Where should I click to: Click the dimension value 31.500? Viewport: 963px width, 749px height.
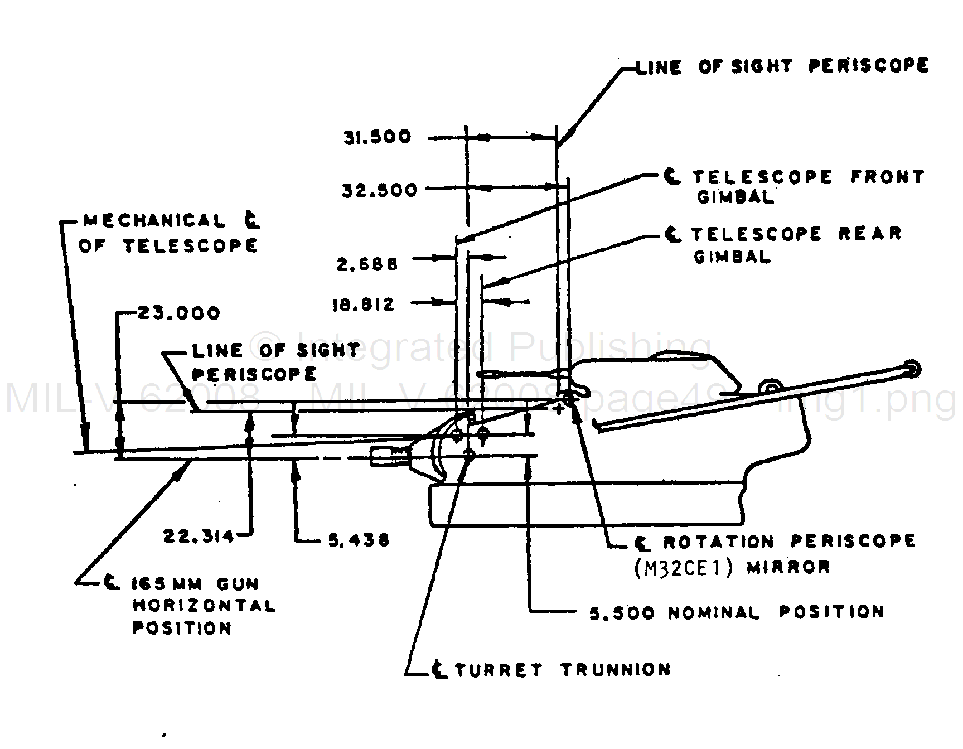(377, 137)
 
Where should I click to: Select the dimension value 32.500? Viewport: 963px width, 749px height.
(379, 191)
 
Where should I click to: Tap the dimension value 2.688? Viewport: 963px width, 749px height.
(367, 263)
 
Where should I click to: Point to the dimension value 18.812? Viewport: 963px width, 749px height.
(364, 305)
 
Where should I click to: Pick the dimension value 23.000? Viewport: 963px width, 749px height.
(178, 313)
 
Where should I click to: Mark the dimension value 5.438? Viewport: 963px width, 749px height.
(358, 540)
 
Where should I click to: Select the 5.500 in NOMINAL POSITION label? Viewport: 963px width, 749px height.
(622, 613)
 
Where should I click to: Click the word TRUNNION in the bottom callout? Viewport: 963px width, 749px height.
(615, 669)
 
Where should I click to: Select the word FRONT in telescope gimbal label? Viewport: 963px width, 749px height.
(887, 177)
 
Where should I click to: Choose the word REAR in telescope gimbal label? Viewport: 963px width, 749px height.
(870, 233)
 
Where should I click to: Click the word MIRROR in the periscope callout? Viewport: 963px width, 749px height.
(788, 568)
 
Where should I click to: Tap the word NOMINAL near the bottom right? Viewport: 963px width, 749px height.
(714, 613)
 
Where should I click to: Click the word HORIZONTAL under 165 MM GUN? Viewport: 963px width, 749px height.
(204, 606)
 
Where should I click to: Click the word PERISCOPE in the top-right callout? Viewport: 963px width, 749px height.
(868, 65)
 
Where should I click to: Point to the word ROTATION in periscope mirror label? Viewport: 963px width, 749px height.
(718, 542)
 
